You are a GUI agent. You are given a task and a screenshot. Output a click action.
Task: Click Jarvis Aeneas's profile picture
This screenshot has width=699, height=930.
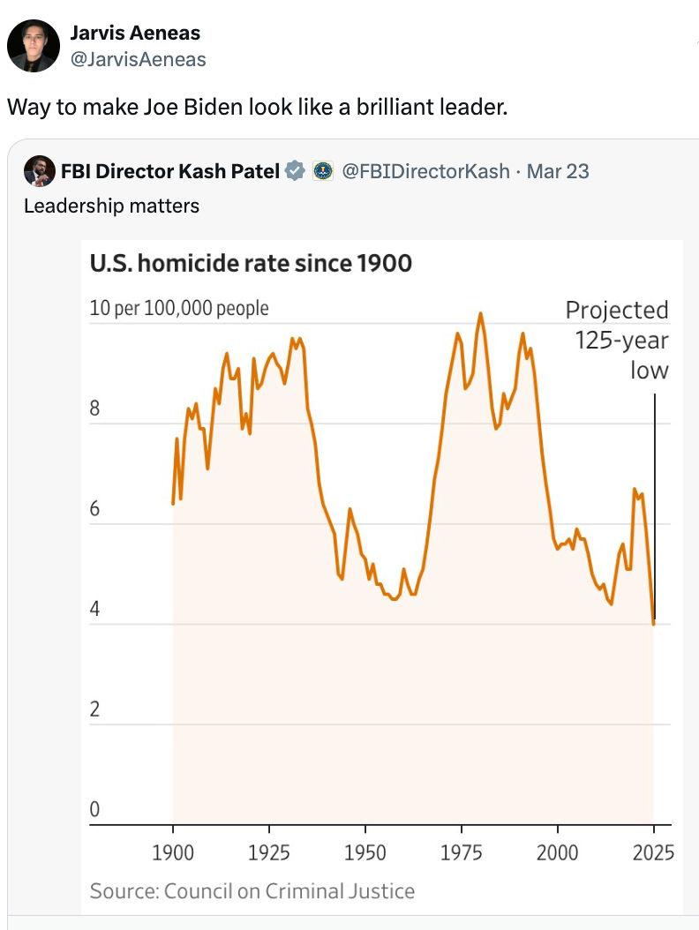click(x=34, y=46)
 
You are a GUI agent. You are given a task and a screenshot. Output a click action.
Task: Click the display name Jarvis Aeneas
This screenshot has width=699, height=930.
click(x=135, y=33)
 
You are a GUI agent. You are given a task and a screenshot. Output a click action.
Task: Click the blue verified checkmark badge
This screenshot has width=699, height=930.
click(x=297, y=171)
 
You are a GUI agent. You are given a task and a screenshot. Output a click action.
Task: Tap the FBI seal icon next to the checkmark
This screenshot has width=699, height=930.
click(x=323, y=171)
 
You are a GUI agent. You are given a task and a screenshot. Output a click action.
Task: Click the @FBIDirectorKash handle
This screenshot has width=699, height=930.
click(x=425, y=171)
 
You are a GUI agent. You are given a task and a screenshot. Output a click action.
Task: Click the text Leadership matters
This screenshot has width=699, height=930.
click(x=111, y=206)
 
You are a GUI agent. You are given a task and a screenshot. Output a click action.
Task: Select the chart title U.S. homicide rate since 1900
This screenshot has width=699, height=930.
click(x=251, y=263)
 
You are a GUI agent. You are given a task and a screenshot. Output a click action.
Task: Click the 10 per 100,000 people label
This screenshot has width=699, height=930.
click(x=179, y=308)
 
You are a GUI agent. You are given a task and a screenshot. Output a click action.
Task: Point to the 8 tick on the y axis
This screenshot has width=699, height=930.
click(x=95, y=409)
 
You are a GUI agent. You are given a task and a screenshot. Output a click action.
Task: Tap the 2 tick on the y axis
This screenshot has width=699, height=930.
click(x=95, y=709)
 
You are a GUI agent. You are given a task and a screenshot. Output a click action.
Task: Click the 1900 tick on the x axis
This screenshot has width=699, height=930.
click(x=174, y=852)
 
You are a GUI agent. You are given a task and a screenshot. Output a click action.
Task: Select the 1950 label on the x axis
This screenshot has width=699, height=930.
click(x=365, y=852)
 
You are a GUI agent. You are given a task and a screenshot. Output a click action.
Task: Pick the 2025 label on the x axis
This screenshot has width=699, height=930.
click(x=653, y=852)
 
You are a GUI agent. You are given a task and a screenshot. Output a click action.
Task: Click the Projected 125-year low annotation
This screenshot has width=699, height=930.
click(x=618, y=340)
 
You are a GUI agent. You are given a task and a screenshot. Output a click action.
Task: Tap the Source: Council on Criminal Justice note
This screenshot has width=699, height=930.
click(x=252, y=891)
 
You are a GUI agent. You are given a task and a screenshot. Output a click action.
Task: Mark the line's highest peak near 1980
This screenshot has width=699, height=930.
click(x=481, y=313)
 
